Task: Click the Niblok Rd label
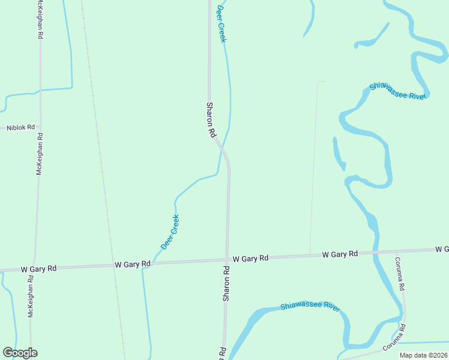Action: coord(21,128)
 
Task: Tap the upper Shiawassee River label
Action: coord(397,91)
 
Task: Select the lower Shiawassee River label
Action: coord(310,306)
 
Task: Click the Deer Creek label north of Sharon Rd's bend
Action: coord(221,23)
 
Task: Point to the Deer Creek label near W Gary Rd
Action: coord(170,232)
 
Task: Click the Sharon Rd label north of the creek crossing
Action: coord(211,120)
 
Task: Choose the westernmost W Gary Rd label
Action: coord(38,269)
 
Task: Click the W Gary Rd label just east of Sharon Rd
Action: coord(250,259)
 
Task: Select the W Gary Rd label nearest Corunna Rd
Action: coord(340,254)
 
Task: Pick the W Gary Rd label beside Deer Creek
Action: coord(132,265)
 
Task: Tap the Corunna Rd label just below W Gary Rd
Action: coord(399,274)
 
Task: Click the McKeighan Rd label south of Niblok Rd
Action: coord(40,154)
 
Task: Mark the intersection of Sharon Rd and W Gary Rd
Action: coord(227,260)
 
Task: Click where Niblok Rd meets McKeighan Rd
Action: coord(40,127)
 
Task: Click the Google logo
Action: coord(20,353)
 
